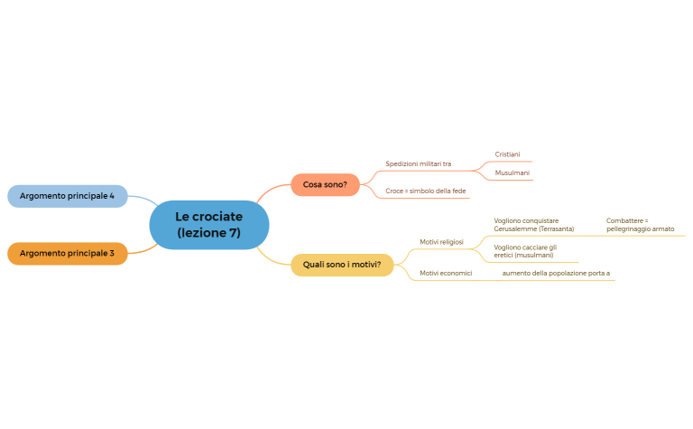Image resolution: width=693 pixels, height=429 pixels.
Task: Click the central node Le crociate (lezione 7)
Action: coord(208,225)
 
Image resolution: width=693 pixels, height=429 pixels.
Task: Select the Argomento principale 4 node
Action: coord(67,196)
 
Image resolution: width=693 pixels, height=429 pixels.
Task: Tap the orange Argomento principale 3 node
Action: coord(67,253)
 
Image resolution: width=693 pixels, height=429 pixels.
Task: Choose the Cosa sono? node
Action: coord(325,184)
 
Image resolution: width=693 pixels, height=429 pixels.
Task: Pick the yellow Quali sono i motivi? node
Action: coord(342,265)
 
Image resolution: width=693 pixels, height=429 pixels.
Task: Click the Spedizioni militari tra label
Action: coord(418,164)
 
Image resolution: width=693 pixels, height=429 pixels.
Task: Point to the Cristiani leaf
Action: coord(507,154)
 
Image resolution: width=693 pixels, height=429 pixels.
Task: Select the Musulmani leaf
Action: coord(512,173)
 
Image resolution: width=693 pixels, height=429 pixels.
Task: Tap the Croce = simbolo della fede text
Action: coord(425,191)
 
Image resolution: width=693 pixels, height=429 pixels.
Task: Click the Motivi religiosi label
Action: coord(441,242)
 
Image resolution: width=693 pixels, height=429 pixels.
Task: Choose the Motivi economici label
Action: coord(446,272)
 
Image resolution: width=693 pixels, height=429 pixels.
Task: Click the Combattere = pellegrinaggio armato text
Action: coord(640,225)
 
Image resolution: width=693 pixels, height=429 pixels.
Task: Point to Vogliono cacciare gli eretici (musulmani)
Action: coord(525,251)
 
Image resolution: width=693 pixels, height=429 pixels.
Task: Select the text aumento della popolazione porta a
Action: coord(556,272)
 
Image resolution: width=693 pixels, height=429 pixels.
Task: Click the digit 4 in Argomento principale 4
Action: coord(112,196)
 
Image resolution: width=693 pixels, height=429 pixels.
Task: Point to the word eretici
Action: coord(503,256)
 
